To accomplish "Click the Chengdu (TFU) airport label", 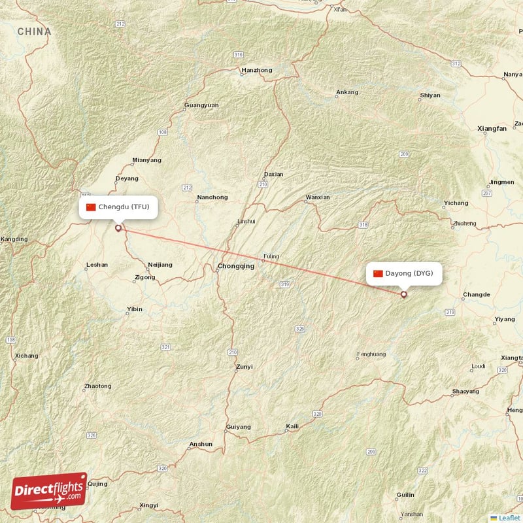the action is pos(118,207).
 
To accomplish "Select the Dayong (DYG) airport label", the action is pos(405,273).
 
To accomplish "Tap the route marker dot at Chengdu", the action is pos(118,228).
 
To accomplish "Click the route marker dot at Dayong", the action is pos(403,295).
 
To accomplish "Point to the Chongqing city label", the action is pos(236,266).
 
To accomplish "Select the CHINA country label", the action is pos(34,31).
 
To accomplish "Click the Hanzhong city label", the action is pos(257,70).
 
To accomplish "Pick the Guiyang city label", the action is pos(238,427).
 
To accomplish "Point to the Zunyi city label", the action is pos(244,367).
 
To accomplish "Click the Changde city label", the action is pos(476,295).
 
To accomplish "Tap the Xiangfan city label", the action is pos(492,129).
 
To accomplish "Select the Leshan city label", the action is pos(97,265).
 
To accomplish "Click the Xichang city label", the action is pos(26,356).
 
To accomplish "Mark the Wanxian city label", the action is pos(318,197).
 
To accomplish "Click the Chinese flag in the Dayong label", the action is pos(378,273).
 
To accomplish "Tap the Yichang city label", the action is pos(456,203).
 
